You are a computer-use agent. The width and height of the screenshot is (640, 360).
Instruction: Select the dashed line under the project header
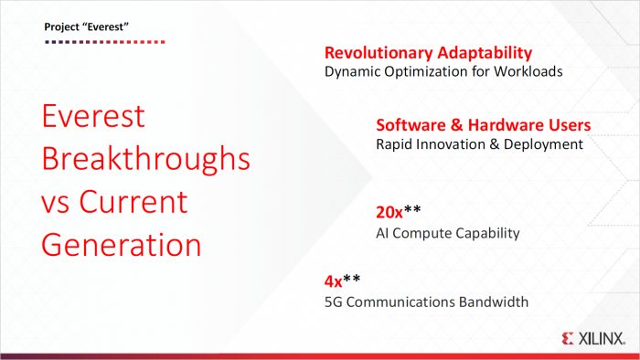(104, 41)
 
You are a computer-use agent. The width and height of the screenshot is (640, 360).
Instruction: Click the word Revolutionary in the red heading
(378, 53)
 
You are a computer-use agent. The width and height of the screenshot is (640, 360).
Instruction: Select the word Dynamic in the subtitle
(353, 71)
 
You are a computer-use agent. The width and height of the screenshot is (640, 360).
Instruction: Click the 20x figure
(389, 213)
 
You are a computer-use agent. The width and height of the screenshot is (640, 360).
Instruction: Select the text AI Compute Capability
(447, 233)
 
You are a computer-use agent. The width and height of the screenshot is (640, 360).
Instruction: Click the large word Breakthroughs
(145, 159)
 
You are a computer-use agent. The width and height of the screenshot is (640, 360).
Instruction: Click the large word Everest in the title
(94, 117)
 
